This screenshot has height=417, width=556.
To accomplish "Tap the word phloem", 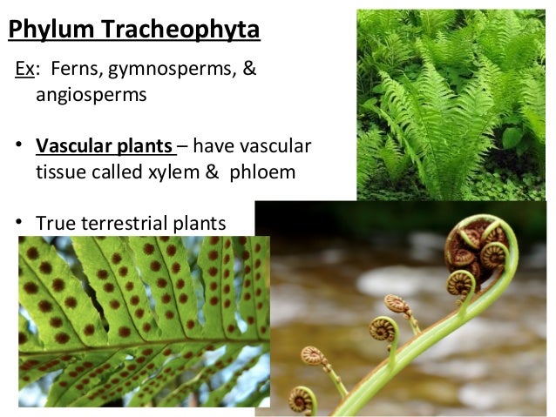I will point(262,172).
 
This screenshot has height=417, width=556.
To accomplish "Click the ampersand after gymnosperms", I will point(249,69).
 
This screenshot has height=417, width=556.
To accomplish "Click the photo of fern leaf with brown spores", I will point(144,322).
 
